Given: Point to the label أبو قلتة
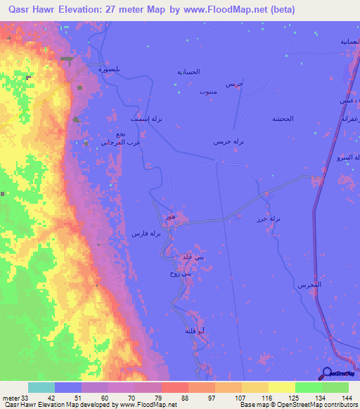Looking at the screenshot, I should tap(195, 330).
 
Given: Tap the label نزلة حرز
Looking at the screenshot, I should tap(269, 219).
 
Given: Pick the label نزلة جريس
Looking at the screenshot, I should tap(229, 141).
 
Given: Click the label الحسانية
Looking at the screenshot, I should tap(188, 72).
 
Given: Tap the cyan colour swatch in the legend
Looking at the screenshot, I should tap(41, 387).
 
